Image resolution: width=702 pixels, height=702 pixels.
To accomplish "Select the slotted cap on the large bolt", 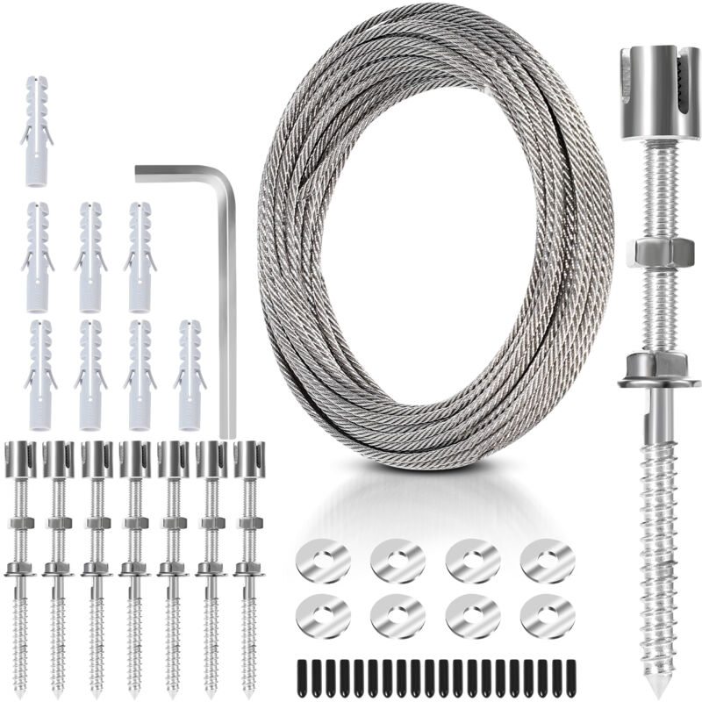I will (650, 92).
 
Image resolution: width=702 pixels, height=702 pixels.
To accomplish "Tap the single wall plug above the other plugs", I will (36, 132).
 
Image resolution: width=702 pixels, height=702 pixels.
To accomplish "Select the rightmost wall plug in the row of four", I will (190, 375).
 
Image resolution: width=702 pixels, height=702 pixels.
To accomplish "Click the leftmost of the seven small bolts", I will (19, 562).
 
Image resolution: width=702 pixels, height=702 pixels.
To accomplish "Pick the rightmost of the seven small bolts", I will (249, 562).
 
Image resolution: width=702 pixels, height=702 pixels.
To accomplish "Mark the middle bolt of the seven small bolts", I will (134, 562).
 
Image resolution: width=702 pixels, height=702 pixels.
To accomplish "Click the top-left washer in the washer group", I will (323, 561).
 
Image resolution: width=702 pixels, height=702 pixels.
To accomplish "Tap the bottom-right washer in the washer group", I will (548, 616).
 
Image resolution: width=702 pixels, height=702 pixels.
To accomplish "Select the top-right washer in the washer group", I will (548, 561).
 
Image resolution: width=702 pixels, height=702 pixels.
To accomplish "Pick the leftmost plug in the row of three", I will (36, 257).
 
